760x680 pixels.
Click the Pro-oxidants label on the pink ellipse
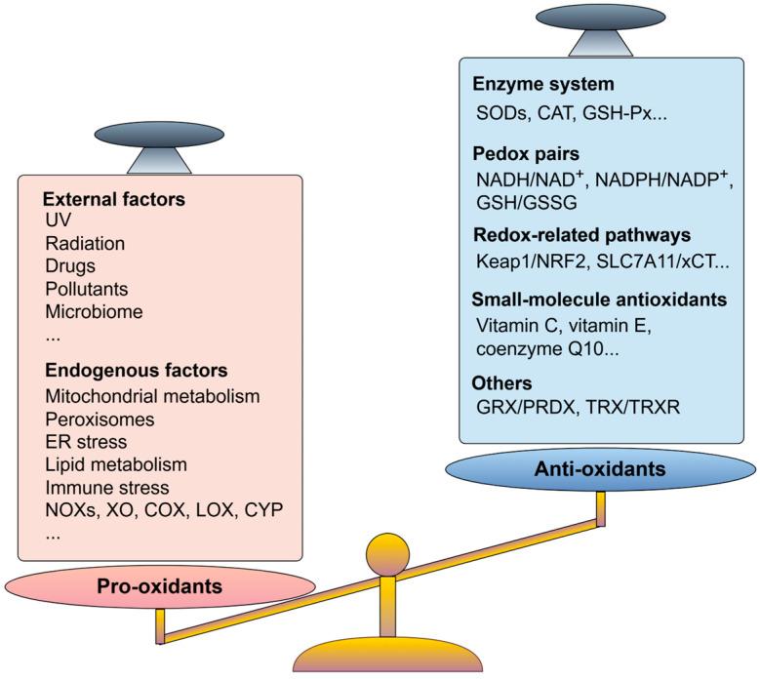point(160,588)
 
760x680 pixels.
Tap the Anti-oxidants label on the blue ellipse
point(600,469)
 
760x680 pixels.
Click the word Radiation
point(85,243)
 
